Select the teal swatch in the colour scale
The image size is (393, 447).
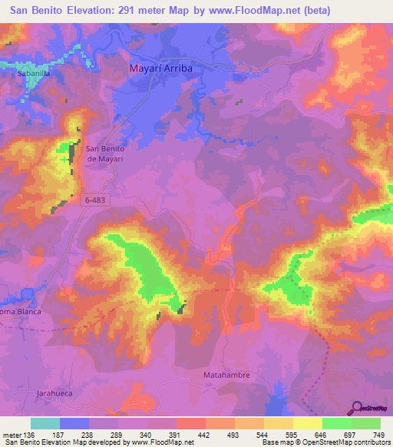pyautogui.click(x=45, y=423)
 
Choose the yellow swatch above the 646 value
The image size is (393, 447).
pyautogui.click(x=308, y=423)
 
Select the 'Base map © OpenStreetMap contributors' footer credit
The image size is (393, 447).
pyautogui.click(x=324, y=442)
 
